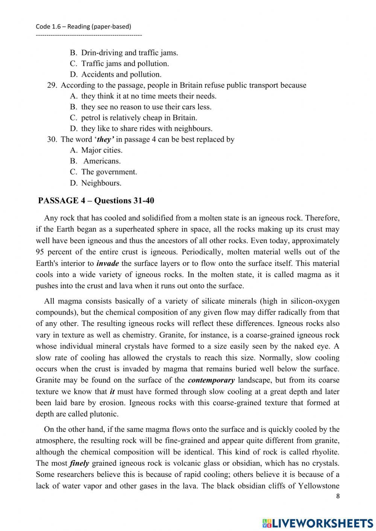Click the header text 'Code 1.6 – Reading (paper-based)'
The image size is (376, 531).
(x=83, y=26)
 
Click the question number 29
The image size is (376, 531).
(x=52, y=85)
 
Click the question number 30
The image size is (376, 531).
(x=52, y=139)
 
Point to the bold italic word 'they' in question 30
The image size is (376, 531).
(x=105, y=139)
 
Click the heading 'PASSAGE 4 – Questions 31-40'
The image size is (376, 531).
(x=96, y=201)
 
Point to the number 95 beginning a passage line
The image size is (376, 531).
(x=40, y=252)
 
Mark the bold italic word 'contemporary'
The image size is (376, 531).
(x=211, y=380)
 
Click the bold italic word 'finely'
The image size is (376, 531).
(x=79, y=463)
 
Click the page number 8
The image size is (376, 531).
(x=338, y=496)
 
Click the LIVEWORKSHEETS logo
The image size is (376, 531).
(x=317, y=523)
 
